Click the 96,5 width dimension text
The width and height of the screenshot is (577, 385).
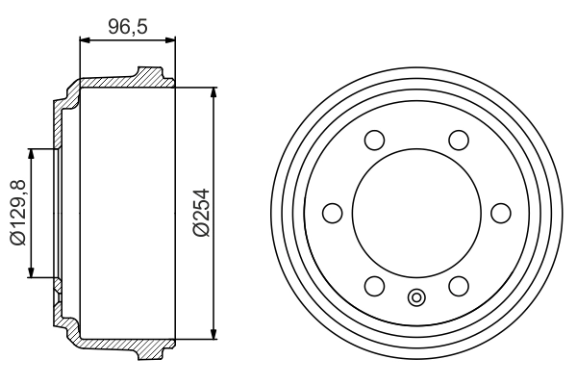click(x=127, y=26)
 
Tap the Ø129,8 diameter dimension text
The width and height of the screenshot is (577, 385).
click(x=17, y=213)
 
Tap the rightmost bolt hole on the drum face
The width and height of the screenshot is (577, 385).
click(x=500, y=213)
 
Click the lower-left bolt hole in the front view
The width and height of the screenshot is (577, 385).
click(x=375, y=285)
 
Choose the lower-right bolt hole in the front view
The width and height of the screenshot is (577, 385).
click(x=459, y=285)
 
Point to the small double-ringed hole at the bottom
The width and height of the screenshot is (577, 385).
click(x=416, y=297)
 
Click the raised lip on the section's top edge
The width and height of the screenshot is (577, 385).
click(x=148, y=72)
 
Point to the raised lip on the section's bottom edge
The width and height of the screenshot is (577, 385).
click(x=148, y=353)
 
